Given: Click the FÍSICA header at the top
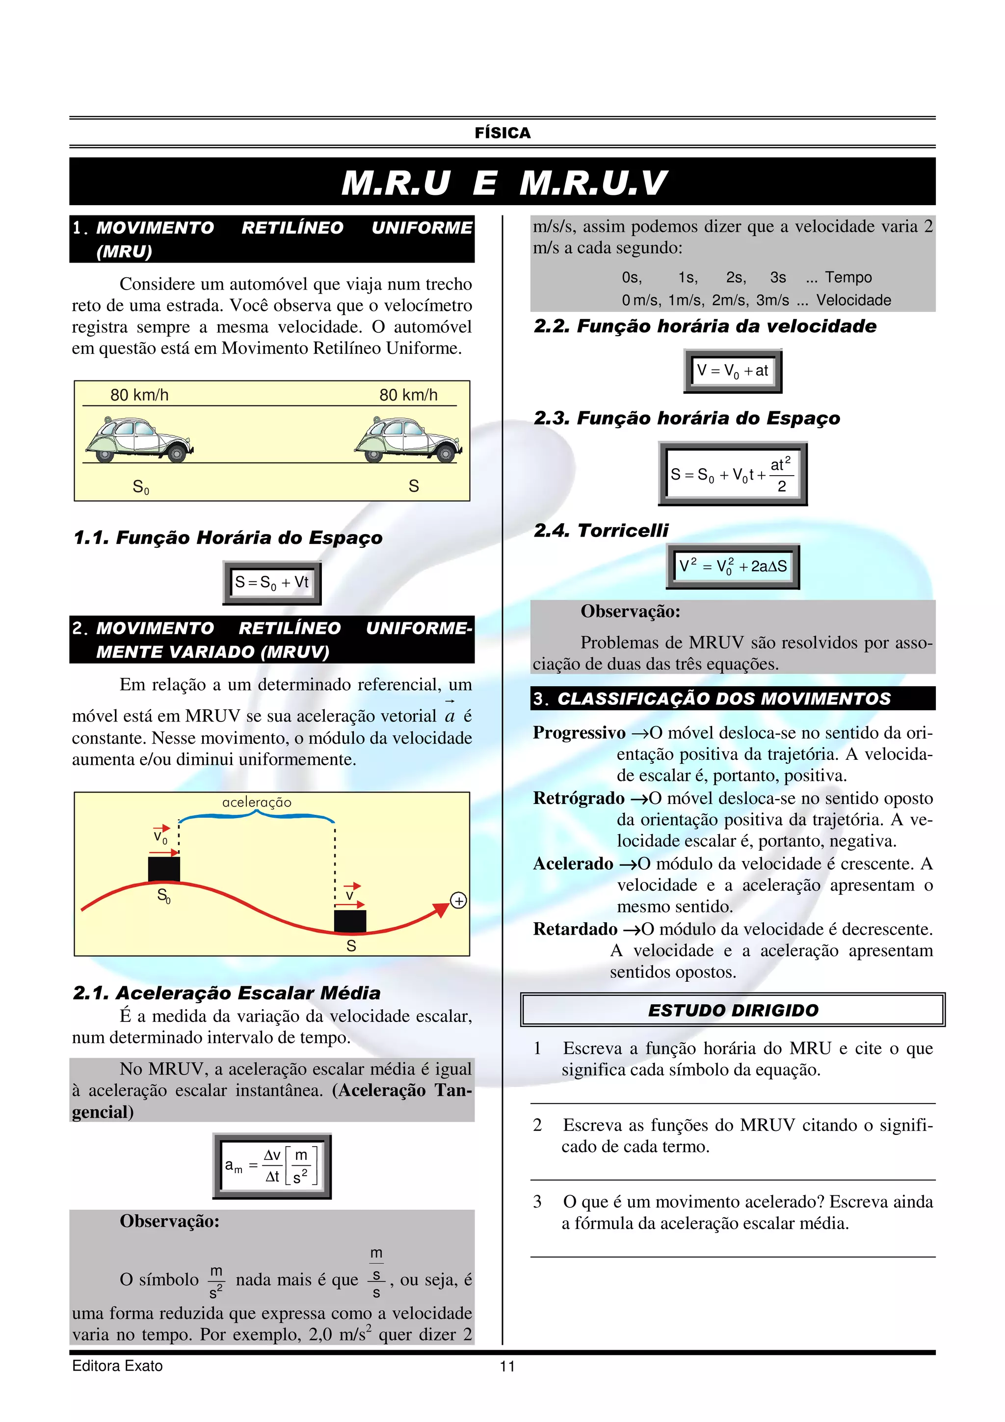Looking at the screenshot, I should tap(502, 133).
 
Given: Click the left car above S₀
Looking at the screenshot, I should tap(139, 440).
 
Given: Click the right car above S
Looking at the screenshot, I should tap(408, 440).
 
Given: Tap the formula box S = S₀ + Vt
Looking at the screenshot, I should tap(272, 582).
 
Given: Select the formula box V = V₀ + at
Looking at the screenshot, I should tap(733, 371).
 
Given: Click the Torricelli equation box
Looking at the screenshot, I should tap(733, 566).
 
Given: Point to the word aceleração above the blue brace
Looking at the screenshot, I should tap(256, 802).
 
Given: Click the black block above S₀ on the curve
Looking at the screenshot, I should tap(164, 869).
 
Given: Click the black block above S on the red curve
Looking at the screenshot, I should tap(350, 921).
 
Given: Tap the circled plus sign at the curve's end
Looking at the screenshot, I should tap(458, 901).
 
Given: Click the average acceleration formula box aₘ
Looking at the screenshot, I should tap(272, 1166).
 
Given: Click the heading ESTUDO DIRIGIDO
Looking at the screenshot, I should tap(733, 1010).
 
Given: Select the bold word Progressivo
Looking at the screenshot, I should tap(579, 733).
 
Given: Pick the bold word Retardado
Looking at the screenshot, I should tap(575, 929).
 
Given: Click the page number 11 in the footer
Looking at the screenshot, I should tap(507, 1366).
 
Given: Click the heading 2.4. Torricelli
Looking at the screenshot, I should tap(601, 530).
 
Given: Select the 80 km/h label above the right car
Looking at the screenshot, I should tap(408, 395).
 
